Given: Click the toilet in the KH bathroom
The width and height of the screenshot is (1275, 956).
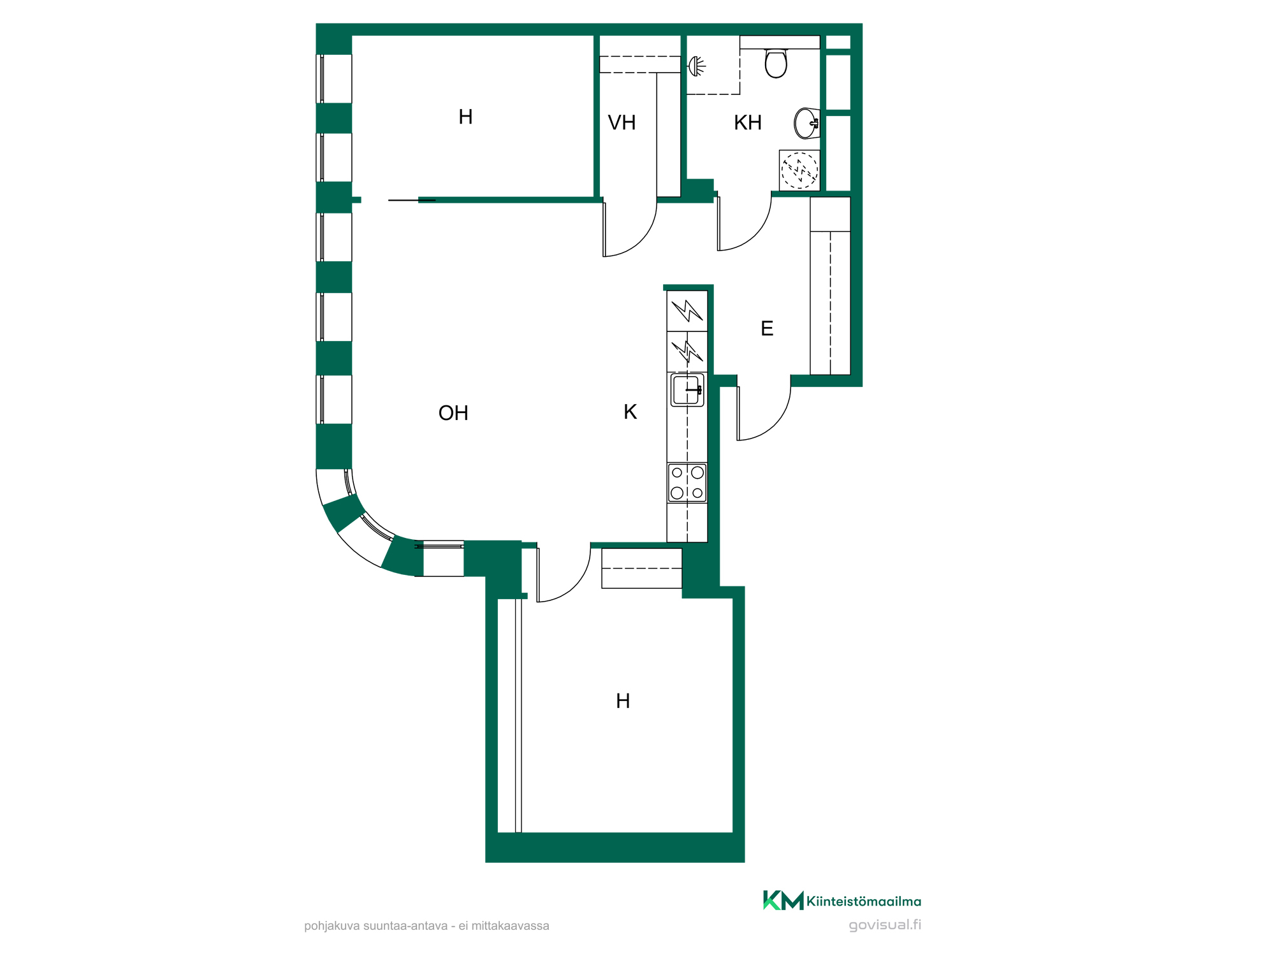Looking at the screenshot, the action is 776,63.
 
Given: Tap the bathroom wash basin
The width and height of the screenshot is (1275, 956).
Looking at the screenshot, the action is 806,123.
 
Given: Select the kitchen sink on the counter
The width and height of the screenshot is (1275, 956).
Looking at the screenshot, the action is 687,389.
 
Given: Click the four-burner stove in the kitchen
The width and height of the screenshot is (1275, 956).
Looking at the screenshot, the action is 687,482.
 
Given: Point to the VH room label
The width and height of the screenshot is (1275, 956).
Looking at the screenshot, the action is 622,122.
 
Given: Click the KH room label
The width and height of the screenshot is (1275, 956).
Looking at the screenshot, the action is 748,122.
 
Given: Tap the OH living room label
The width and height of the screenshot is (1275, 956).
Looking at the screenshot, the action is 453,413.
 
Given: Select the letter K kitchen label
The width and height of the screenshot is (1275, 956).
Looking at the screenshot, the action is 630,412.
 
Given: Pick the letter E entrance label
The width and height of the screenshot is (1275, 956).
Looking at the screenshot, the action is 767,328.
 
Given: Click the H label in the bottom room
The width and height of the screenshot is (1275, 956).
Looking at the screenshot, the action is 623,701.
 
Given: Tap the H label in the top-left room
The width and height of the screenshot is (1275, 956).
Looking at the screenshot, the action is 465,117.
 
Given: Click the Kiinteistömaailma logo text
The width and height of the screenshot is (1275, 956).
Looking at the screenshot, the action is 863,901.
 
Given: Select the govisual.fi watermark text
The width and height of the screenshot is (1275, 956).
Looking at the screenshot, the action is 885,925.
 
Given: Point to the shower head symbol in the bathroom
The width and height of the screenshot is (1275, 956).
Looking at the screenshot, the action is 697,66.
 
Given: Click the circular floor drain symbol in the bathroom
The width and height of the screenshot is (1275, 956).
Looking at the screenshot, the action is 799,170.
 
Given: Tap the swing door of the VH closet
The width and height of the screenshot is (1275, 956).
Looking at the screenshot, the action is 630,229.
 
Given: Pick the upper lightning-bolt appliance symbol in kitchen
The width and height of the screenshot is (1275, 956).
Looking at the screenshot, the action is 687,310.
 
